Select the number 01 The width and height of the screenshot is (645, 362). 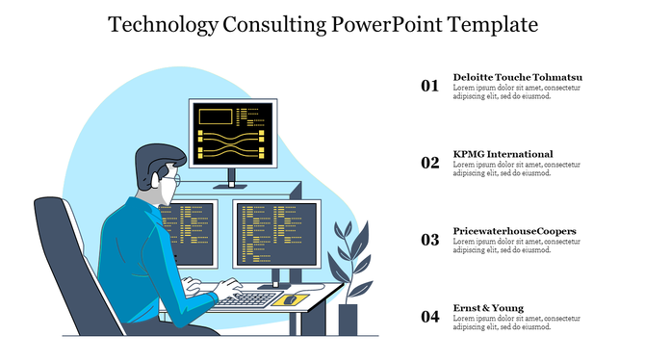429,86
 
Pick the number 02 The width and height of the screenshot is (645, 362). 429,163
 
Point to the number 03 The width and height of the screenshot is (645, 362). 429,240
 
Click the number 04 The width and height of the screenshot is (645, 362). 429,317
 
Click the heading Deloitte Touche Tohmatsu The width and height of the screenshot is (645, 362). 517,77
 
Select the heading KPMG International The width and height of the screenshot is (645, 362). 503,154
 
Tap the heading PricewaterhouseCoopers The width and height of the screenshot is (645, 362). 514,231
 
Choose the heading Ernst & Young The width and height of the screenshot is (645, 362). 488,308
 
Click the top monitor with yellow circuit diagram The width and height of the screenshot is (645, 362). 230,132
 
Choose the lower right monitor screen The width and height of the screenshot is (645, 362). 274,234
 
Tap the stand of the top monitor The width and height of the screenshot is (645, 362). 231,179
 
